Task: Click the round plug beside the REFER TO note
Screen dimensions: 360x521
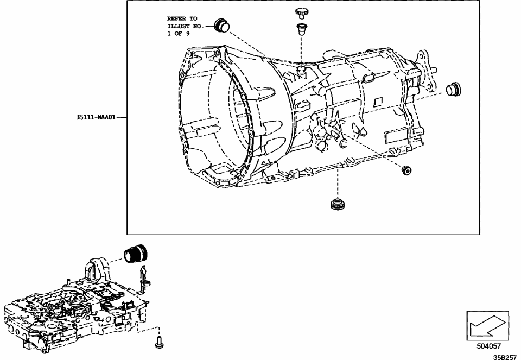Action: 222,24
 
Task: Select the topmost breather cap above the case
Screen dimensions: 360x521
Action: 301,12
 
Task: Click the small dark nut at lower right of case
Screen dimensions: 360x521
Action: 405,171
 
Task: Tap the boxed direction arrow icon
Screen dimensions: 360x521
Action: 488,326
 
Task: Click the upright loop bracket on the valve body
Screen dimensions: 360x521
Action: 96,270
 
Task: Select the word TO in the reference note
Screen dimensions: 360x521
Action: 193,18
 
